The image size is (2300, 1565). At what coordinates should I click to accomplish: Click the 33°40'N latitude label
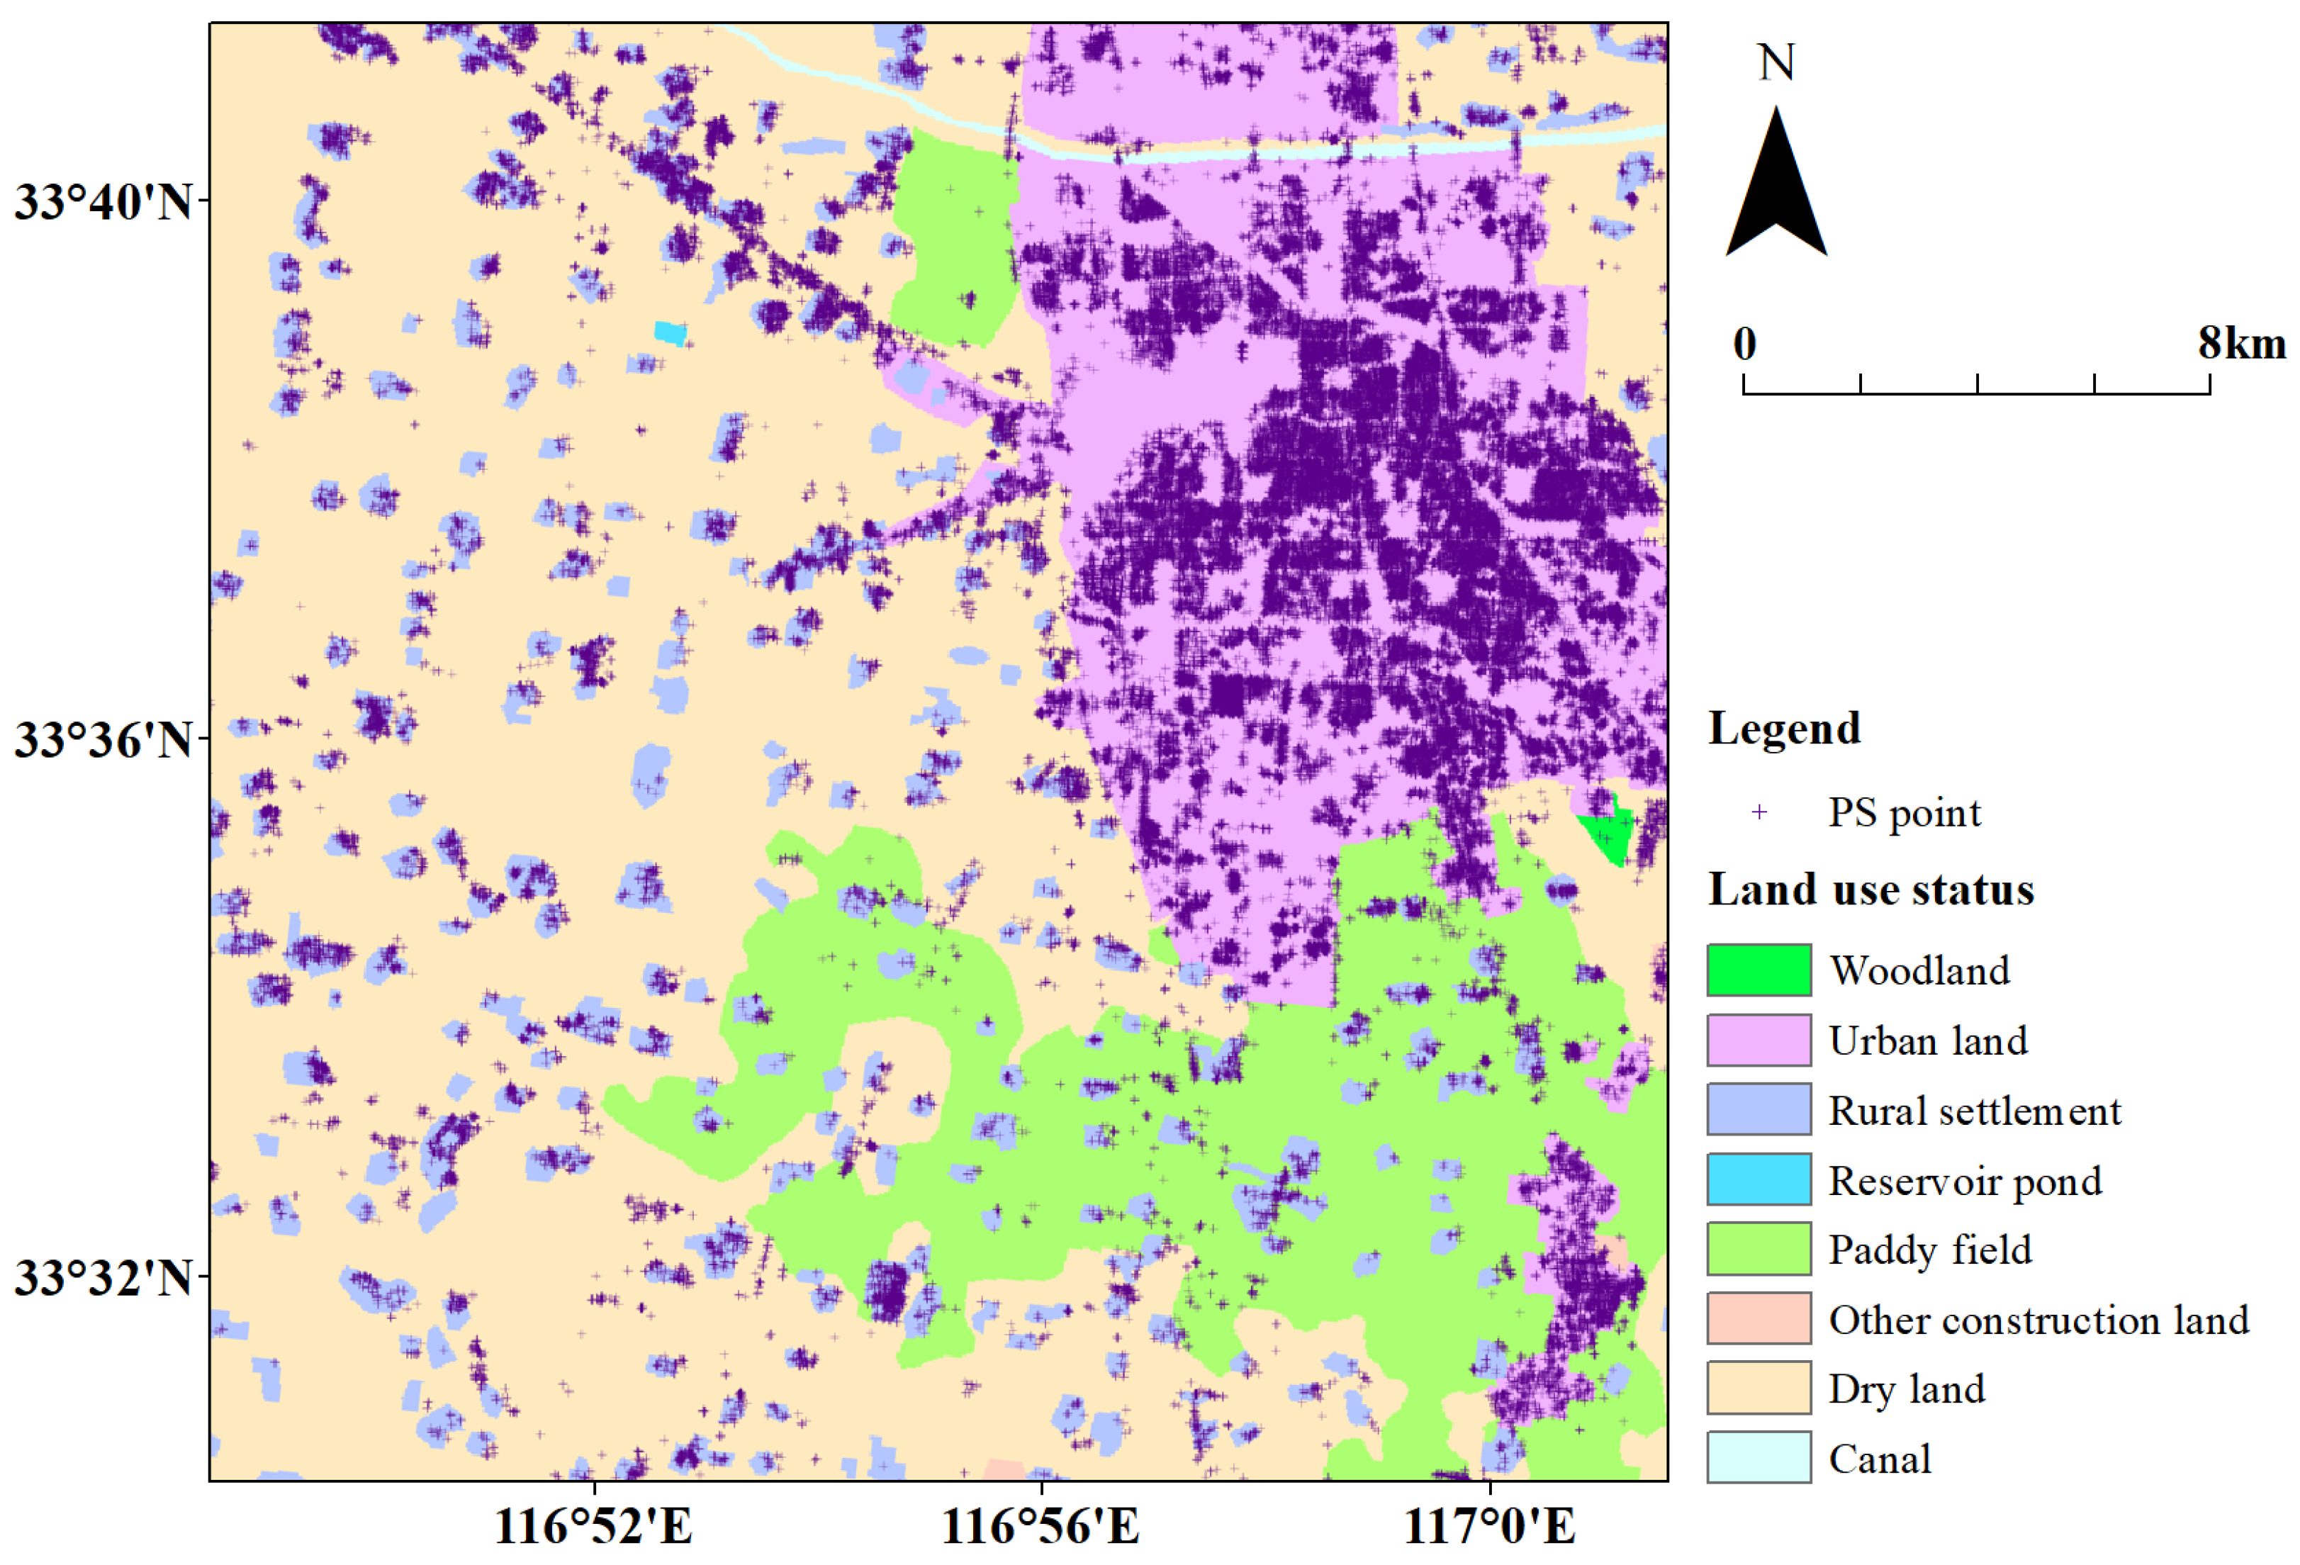point(102,201)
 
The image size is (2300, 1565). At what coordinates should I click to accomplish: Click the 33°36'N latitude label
point(102,739)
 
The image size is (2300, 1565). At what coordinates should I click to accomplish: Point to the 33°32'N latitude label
point(102,1278)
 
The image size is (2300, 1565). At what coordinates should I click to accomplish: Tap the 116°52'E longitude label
point(594,1525)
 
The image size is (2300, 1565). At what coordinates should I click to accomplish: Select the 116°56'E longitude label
point(1040,1525)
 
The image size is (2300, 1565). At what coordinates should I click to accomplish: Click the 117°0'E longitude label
point(1489,1525)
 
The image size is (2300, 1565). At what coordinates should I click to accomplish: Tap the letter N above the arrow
point(1776,62)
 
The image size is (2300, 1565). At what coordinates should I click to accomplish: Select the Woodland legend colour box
point(1758,970)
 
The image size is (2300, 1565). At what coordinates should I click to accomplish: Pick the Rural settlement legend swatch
point(1758,1110)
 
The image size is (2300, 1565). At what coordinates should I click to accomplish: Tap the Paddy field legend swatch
point(1758,1249)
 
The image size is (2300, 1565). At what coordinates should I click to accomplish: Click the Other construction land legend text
point(2038,1320)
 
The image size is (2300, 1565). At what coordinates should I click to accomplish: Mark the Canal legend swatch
point(1758,1458)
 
